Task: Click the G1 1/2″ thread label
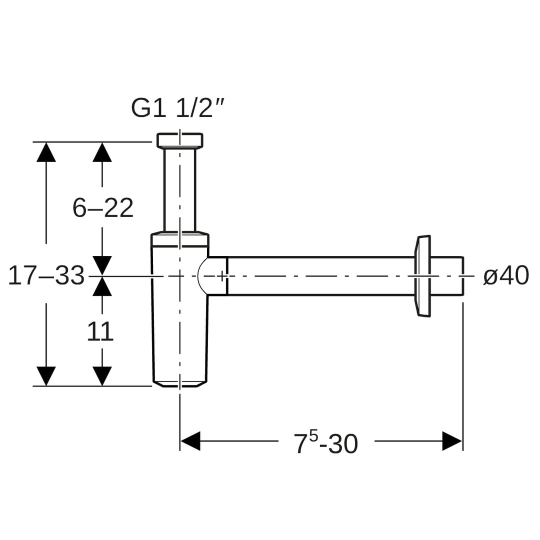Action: pos(178,108)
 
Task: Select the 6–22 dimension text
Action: pos(103,208)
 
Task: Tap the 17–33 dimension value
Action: pos(46,275)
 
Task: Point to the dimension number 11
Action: pos(100,331)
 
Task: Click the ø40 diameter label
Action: pos(506,275)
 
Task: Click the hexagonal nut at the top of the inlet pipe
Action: pos(180,140)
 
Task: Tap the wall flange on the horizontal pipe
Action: pos(422,276)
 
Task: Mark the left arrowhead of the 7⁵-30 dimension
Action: pos(190,441)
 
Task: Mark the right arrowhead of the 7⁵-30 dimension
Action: pos(452,441)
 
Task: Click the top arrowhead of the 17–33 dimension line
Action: pos(46,152)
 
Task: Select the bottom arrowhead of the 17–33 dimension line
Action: pos(46,376)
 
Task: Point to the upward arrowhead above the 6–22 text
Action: pos(102,152)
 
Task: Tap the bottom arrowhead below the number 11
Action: pos(102,376)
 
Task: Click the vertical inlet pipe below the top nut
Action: pos(180,190)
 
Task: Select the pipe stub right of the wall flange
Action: pos(446,276)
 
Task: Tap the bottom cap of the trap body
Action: pos(180,383)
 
